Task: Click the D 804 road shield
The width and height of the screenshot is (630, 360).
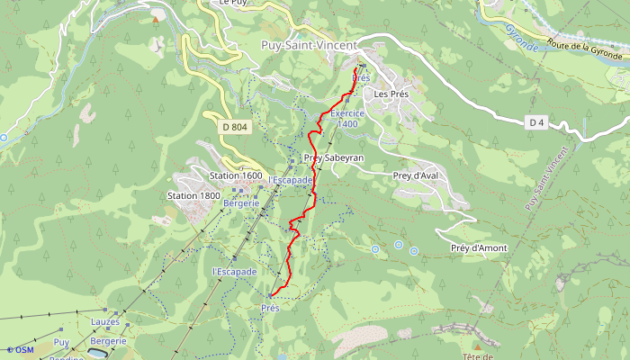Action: click(234, 128)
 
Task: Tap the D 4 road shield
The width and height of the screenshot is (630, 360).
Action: click(537, 121)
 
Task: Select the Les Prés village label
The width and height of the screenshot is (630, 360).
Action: click(392, 94)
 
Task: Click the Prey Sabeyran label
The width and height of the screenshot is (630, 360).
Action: click(334, 157)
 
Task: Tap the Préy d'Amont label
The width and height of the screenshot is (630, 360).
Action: click(479, 247)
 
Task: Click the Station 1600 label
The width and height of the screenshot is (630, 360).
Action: click(236, 175)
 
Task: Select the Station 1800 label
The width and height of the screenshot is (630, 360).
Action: click(193, 195)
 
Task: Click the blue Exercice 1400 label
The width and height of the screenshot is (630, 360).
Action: click(347, 120)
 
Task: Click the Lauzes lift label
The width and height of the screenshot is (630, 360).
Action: click(104, 321)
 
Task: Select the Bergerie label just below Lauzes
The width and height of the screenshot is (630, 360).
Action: click(108, 341)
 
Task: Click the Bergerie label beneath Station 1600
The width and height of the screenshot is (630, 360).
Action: click(241, 203)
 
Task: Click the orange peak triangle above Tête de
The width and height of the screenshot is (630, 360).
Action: click(476, 344)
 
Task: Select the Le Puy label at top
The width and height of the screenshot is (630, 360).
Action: click(233, 3)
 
